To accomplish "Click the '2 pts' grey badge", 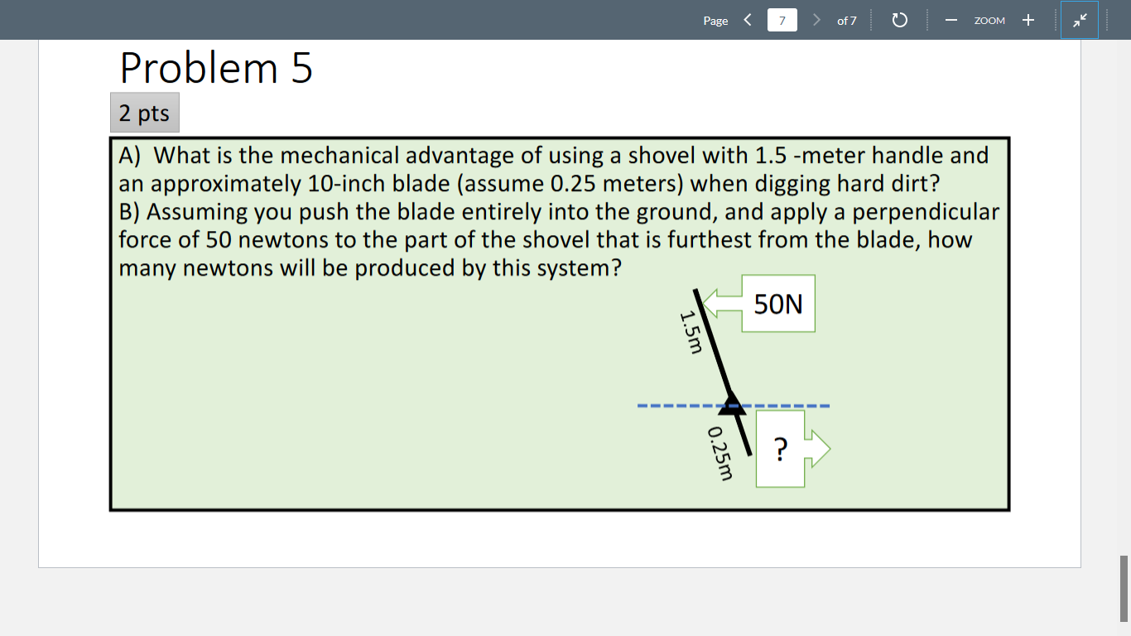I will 144,113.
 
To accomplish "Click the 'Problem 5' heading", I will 216,68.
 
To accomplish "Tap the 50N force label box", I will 778,304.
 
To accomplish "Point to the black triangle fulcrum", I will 731,403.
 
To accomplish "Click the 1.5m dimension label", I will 691,330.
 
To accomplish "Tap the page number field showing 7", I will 782,20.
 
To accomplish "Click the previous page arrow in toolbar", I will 747,20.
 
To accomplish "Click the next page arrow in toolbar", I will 816,20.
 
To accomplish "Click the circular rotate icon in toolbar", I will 900,20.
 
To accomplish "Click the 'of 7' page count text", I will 846,20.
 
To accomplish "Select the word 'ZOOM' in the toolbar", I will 989,21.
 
